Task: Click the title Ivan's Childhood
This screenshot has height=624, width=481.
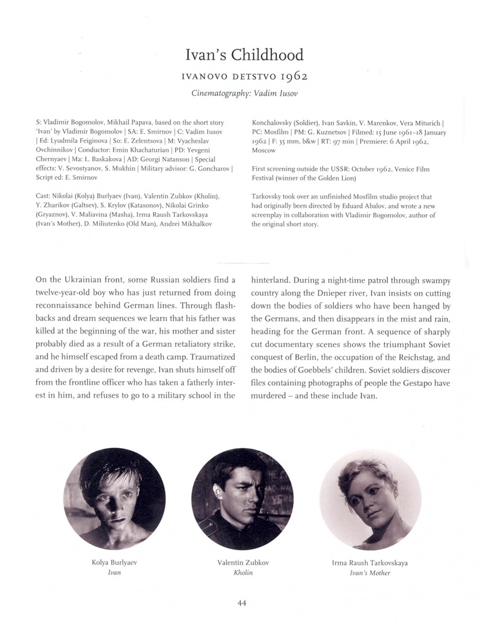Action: (244, 55)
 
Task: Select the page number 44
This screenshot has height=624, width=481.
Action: (243, 604)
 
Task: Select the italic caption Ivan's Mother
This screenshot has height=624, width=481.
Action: (370, 573)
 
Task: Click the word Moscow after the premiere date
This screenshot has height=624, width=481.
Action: (263, 150)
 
